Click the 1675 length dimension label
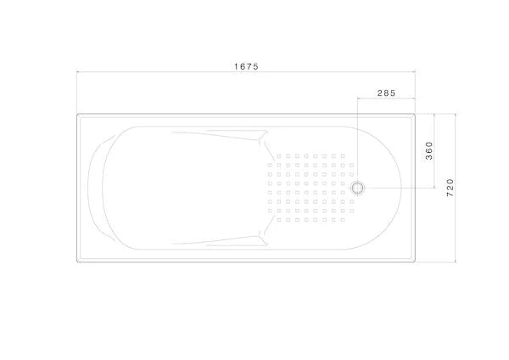click(x=246, y=66)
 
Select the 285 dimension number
click(x=386, y=93)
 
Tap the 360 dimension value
click(x=429, y=151)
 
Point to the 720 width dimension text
click(x=450, y=188)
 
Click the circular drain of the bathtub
click(x=358, y=188)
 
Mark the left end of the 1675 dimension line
click(x=77, y=72)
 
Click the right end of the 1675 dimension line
click(x=415, y=72)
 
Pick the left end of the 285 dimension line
click(x=358, y=98)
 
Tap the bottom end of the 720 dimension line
click(x=455, y=262)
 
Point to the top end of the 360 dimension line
click(x=434, y=114)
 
